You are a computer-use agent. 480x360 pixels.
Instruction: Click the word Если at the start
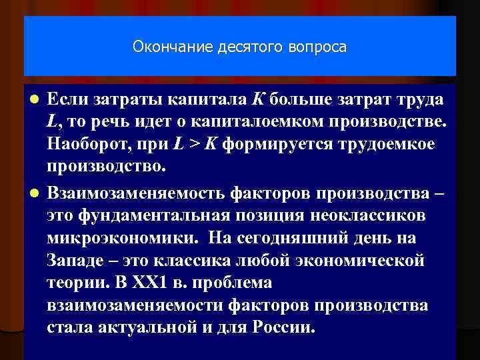coord(68,100)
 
